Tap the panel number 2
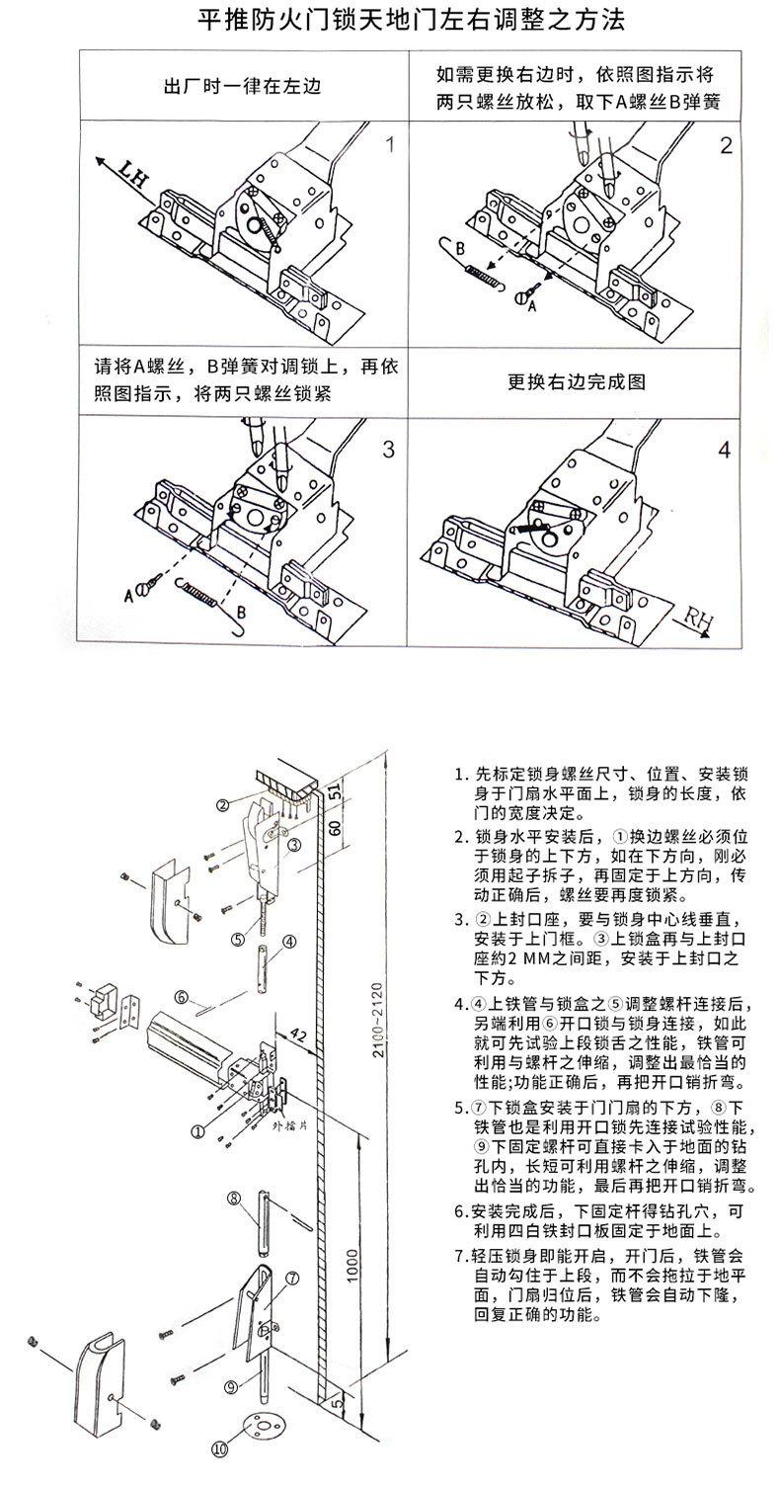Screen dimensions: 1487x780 tap(726, 146)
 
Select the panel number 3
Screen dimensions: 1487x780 tap(388, 450)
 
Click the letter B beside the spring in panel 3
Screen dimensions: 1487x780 tap(241, 612)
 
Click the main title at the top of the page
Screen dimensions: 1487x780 tap(391, 22)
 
